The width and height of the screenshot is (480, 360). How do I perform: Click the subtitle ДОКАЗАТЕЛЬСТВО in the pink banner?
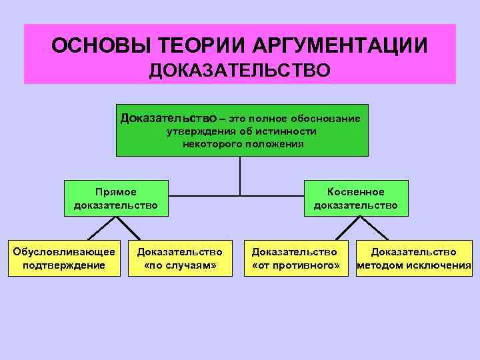239,70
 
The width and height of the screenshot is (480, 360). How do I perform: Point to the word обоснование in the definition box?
325,119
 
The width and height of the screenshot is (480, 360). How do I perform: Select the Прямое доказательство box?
116,198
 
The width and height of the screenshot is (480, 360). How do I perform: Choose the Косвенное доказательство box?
356,198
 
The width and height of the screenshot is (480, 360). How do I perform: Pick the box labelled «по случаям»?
179,258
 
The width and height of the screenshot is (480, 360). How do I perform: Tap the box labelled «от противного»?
295,258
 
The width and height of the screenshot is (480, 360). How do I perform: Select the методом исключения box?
414,258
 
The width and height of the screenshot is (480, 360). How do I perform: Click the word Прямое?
116,192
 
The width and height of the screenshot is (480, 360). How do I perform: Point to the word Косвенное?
356,192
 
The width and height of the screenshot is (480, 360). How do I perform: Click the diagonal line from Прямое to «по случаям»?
131,228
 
